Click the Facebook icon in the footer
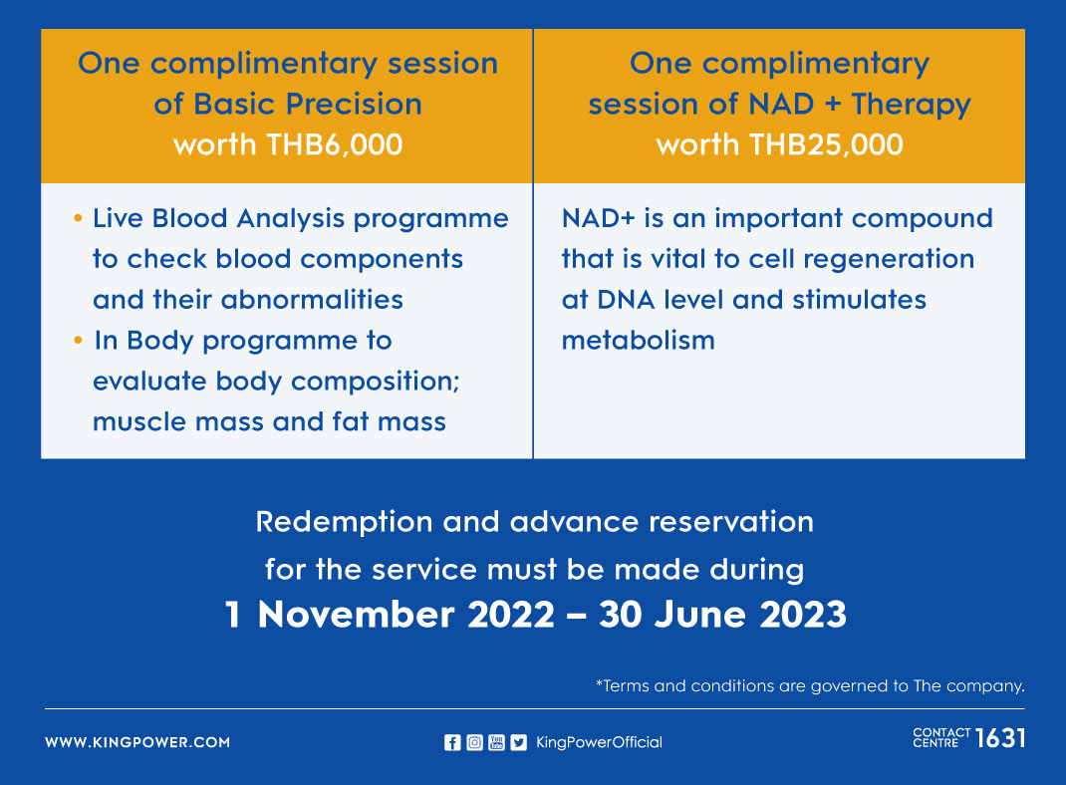pos(452,743)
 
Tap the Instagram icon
pos(474,743)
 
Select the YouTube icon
pos(496,743)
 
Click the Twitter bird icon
pos(519,743)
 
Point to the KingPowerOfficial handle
pos(599,742)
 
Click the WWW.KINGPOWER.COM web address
pos(137,742)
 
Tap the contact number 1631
pos(1000,738)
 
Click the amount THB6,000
pos(335,144)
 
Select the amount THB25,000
pos(826,144)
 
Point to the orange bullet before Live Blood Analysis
pos(78,218)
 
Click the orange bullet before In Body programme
pos(78,340)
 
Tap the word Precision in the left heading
pos(354,104)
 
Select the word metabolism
pos(639,340)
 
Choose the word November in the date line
pos(356,615)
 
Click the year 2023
pos(803,615)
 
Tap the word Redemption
pos(344,522)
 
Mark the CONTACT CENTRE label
pos(941,738)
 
